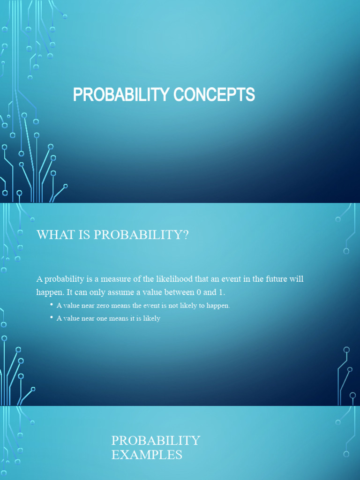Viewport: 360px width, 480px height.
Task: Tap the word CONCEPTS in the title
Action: (x=214, y=95)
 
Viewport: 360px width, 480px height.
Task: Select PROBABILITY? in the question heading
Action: (x=141, y=235)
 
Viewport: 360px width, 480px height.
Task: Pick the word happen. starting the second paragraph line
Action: (x=50, y=292)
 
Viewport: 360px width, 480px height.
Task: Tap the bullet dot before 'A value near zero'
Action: (x=51, y=305)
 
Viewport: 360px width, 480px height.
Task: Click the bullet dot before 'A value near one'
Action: (x=51, y=318)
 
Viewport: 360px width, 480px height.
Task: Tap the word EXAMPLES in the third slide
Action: (x=146, y=454)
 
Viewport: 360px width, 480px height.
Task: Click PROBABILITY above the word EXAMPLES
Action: (x=155, y=441)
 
